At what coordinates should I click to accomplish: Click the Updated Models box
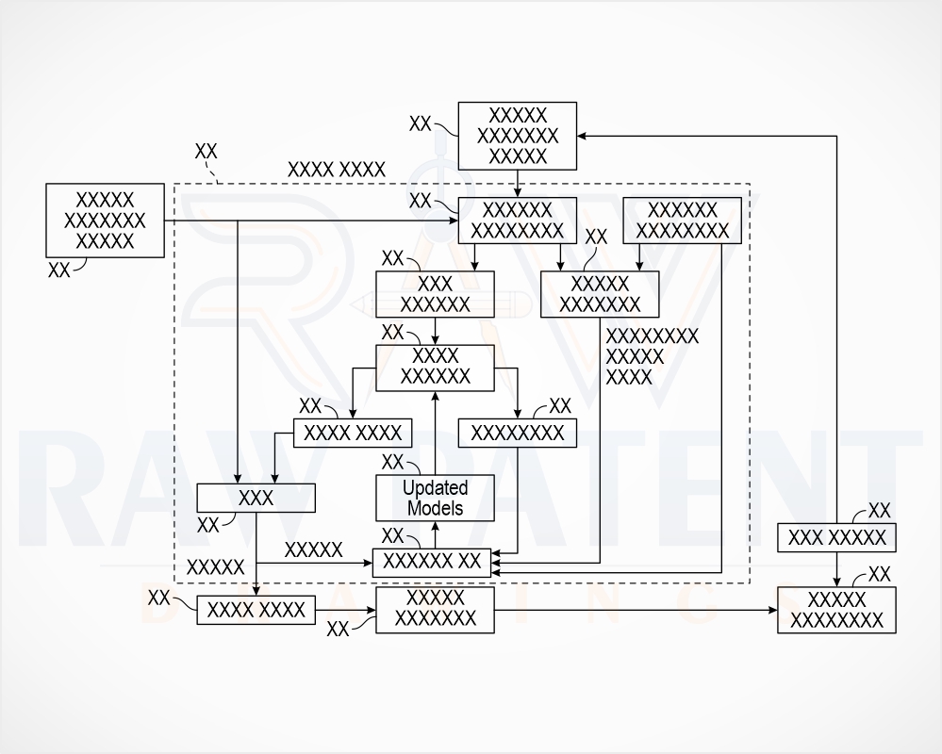tap(435, 499)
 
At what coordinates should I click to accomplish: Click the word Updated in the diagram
tap(435, 487)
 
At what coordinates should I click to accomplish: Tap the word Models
tap(435, 508)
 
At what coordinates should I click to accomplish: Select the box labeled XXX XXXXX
tap(836, 537)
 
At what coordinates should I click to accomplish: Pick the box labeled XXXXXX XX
tap(431, 563)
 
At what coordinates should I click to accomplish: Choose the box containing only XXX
tap(256, 498)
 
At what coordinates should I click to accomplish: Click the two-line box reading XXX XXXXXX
tap(435, 294)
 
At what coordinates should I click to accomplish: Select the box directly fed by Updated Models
tap(435, 368)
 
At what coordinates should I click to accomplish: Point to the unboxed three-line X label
tap(652, 356)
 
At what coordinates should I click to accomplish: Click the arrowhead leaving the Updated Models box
tap(435, 395)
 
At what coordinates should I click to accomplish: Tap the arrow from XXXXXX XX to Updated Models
tap(435, 535)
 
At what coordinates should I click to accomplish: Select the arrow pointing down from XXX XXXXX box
tap(836, 569)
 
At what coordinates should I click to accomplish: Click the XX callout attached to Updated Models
tap(393, 462)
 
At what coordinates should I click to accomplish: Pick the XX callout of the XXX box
tap(207, 525)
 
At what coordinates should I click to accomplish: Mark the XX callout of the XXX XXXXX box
tap(880, 511)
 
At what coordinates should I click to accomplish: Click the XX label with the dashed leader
tap(207, 152)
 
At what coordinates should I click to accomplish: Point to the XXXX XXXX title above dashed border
tap(337, 170)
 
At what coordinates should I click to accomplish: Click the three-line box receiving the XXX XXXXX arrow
tap(518, 137)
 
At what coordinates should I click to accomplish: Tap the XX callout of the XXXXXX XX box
tap(393, 535)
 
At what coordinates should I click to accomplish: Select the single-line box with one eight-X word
tap(518, 433)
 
